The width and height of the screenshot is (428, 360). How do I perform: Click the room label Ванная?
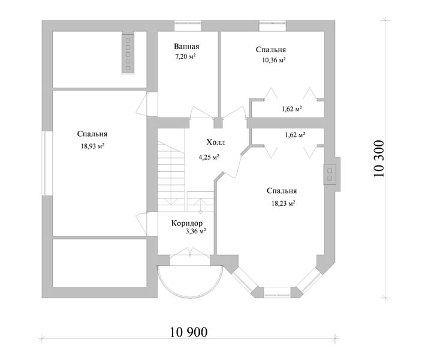click(x=186, y=47)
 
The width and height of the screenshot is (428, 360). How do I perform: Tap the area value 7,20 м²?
click(x=186, y=56)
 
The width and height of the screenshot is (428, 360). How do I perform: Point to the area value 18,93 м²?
click(x=92, y=145)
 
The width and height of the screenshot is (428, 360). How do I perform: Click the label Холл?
click(x=216, y=143)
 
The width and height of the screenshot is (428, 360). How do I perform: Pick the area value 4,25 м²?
click(x=209, y=158)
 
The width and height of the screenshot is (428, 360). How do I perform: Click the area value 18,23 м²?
click(x=282, y=203)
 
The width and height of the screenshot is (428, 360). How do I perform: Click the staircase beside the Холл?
click(x=171, y=174)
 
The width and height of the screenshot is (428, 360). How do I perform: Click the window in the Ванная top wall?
click(x=187, y=25)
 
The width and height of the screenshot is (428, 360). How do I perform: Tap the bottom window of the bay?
click(x=276, y=293)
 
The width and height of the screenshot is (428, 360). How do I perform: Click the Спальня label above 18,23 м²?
click(x=282, y=191)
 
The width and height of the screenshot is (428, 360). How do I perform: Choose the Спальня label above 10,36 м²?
click(x=270, y=50)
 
